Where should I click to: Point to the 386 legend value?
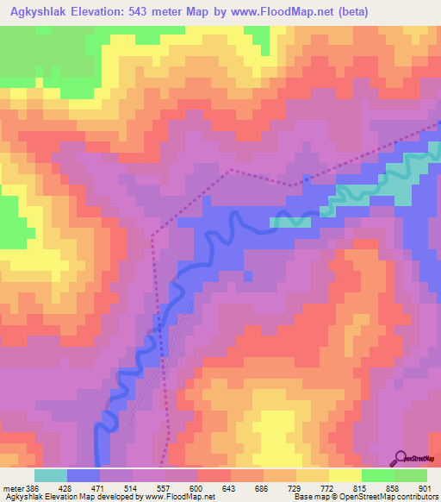coord(32,488)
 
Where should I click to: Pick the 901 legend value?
coord(421,488)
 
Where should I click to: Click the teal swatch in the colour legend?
coord(50,475)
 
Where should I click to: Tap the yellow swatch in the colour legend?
coord(345,475)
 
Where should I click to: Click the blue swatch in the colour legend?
coord(84,475)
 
